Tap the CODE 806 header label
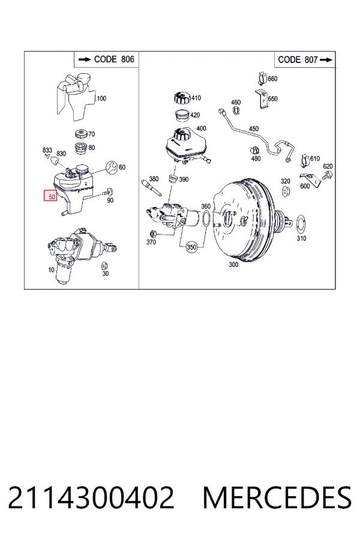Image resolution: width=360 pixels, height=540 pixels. (x=106, y=59)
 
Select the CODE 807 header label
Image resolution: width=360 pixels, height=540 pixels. (x=305, y=59)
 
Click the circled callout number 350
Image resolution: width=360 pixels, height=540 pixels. (x=191, y=247)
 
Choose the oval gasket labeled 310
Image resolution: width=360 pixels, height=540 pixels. (x=301, y=223)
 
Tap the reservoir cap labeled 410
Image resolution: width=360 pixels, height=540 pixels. (x=182, y=98)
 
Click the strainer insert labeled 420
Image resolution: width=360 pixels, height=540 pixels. (x=181, y=115)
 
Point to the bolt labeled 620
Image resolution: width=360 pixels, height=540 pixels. (x=326, y=176)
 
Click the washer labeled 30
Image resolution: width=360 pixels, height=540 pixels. (x=104, y=266)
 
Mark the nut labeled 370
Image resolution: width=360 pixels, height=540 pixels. (x=154, y=234)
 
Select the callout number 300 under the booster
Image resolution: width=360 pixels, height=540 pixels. (x=233, y=265)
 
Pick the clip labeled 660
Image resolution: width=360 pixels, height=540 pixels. (x=263, y=79)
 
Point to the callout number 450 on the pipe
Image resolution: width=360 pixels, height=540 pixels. (x=254, y=129)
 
